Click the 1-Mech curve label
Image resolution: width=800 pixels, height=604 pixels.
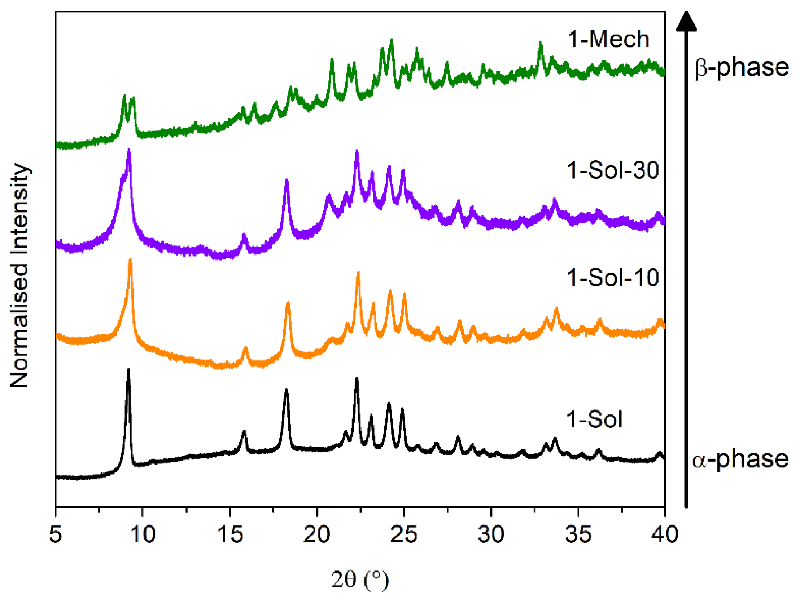click(608, 39)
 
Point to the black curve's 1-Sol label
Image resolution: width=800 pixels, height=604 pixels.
click(594, 420)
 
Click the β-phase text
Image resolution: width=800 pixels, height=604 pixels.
click(742, 67)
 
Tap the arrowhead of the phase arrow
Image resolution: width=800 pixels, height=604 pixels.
click(686, 22)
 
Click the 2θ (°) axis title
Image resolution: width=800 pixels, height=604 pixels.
click(360, 579)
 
